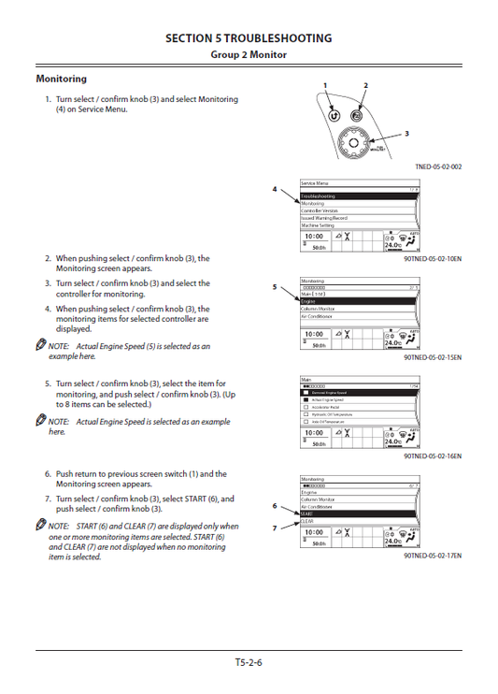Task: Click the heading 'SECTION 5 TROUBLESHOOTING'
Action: click(x=248, y=38)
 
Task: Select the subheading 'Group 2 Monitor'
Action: click(x=248, y=55)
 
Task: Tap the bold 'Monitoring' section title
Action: click(x=61, y=79)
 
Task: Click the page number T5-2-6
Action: click(x=248, y=663)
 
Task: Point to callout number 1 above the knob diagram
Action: click(x=325, y=86)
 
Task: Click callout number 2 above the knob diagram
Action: click(x=365, y=86)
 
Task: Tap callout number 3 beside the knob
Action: click(x=406, y=134)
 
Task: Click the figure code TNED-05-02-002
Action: click(x=437, y=166)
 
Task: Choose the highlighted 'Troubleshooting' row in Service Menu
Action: click(x=359, y=196)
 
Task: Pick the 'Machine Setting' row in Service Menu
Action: click(x=359, y=225)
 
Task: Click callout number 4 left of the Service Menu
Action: click(x=275, y=189)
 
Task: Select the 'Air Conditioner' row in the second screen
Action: click(x=359, y=316)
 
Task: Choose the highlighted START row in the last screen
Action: click(x=359, y=513)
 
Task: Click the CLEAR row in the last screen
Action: click(x=359, y=521)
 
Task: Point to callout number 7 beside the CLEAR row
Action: click(x=275, y=528)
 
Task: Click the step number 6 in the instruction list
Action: click(x=48, y=474)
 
